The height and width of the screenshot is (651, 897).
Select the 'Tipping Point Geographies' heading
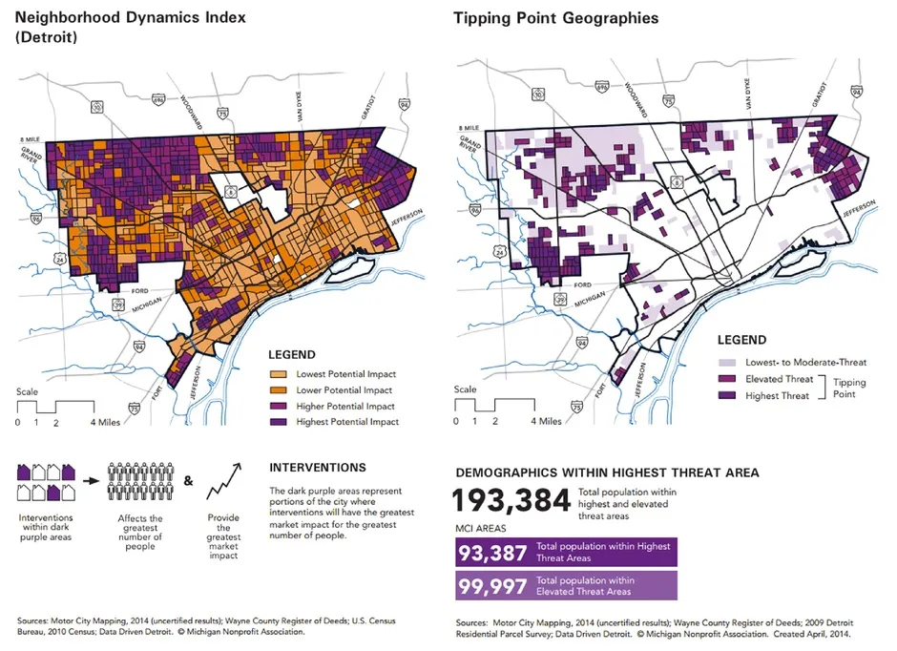point(555,18)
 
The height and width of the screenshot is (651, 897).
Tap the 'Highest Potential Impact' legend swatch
point(280,421)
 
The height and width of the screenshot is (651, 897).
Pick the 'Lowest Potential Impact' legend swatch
point(280,374)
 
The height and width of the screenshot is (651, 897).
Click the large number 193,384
point(511,500)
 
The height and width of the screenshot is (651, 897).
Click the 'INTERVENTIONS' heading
point(317,468)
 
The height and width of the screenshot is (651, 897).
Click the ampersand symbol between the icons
point(187,481)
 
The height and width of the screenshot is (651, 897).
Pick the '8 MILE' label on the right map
point(469,128)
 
